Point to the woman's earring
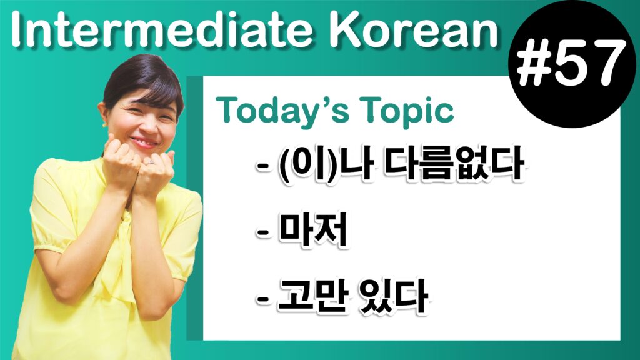[x=104, y=124]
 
